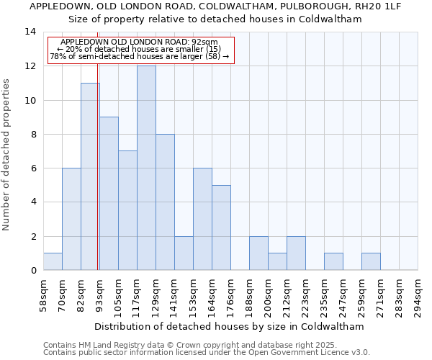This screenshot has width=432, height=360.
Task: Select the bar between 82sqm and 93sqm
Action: point(90,176)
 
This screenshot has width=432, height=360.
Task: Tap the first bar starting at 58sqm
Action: point(53,262)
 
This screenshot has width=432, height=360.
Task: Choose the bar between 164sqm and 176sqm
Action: point(221,228)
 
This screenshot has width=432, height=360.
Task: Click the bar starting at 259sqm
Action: point(371,262)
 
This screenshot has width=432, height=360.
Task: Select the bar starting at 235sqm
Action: point(333,262)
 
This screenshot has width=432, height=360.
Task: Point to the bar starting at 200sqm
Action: point(277,262)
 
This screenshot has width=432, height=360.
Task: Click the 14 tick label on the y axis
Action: point(30,32)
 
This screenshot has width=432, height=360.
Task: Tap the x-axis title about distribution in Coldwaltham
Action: point(229,326)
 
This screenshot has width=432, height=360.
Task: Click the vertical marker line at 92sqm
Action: point(98,180)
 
